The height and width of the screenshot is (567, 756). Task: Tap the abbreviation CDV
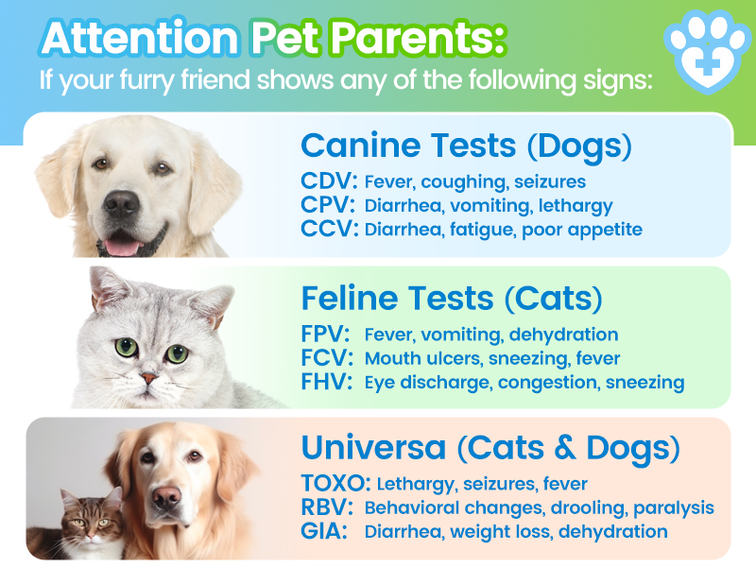click(325, 181)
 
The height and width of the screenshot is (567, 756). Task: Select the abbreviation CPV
click(325, 205)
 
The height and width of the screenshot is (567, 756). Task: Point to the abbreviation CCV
click(325, 229)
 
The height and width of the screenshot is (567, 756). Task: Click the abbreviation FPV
click(325, 335)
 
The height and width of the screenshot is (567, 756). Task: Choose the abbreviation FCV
click(325, 358)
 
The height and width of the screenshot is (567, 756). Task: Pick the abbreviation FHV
click(325, 382)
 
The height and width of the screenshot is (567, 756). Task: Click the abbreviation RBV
click(325, 508)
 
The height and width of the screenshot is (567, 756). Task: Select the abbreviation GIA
click(321, 532)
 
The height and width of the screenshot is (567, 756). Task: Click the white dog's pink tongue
click(120, 247)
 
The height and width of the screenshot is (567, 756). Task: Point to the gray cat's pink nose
click(148, 377)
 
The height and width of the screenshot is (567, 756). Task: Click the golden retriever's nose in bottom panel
click(168, 497)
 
